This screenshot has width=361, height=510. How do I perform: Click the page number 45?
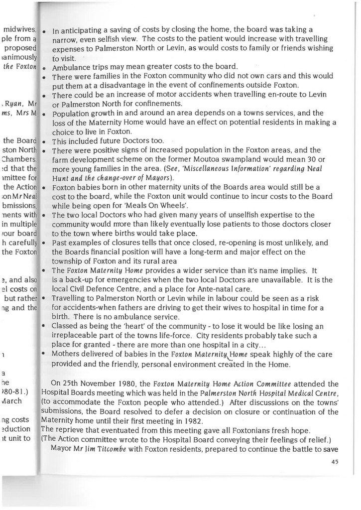pos(335,462)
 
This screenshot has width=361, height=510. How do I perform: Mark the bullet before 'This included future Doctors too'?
pos(44,141)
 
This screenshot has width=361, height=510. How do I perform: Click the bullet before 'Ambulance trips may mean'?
pos(44,67)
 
